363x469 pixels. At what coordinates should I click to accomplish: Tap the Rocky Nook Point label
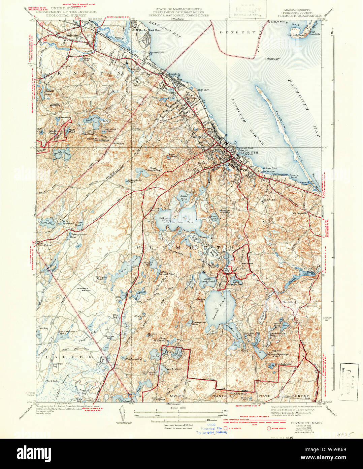pos(150,30)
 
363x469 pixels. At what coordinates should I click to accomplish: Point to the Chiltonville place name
pos(301,213)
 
